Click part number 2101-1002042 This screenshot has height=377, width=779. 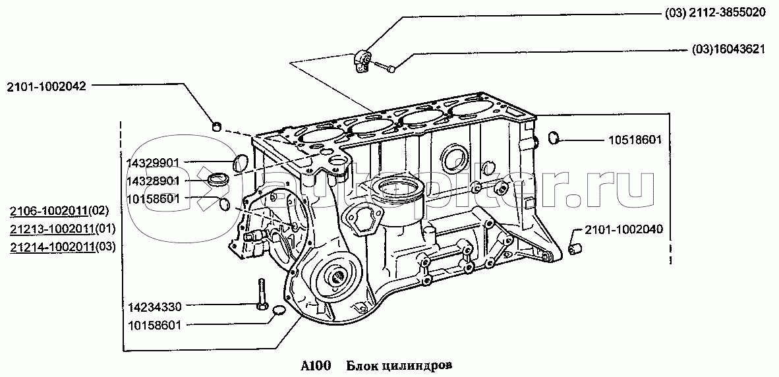coord(47,86)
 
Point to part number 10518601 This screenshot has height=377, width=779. coord(635,140)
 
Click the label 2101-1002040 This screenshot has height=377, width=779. coord(623,229)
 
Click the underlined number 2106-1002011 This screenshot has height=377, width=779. coord(49,211)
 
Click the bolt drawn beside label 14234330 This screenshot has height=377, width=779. coord(262,295)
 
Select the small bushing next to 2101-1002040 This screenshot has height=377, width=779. coord(575,247)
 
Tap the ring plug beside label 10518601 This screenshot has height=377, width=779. coord(554,138)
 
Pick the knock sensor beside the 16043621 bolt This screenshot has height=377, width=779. coord(362,59)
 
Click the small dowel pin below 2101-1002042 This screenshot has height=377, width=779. coord(217,127)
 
